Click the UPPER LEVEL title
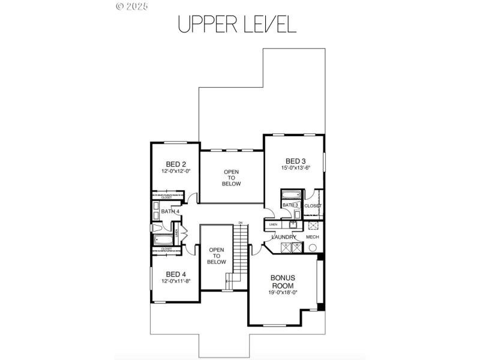tap(237, 24)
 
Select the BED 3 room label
tap(295, 161)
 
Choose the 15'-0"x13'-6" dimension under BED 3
tap(295, 168)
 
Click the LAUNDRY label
tap(284, 237)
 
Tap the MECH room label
tap(312, 237)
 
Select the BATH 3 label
tap(291, 205)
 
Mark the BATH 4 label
tap(170, 211)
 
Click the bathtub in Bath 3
tap(292, 194)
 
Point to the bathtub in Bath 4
tap(163, 240)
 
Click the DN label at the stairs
tap(240, 223)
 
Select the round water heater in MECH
tap(312, 247)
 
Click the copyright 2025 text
tap(131, 7)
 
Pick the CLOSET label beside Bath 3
tap(313, 206)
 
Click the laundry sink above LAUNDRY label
tap(292, 224)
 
